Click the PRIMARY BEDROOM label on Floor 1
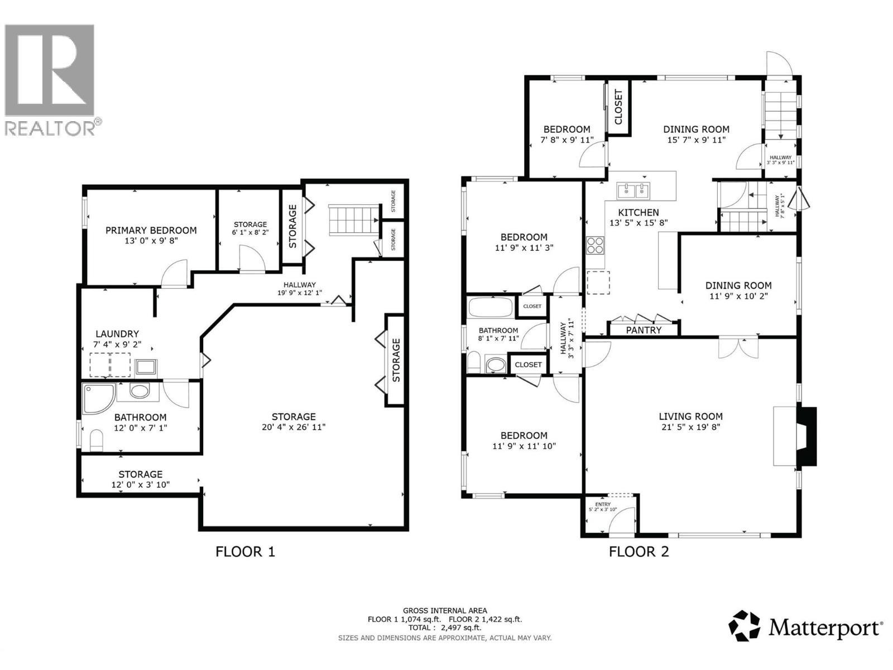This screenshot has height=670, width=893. coord(151,230)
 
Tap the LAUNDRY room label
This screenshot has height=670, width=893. coord(117,334)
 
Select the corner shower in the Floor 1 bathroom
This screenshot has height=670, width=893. coord(98,398)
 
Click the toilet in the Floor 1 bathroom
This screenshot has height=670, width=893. coord(97,441)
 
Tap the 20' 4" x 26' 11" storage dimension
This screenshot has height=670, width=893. coord(294,427)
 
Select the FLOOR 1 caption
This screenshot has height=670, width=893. coord(245,552)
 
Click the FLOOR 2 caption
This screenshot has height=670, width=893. coord(638,552)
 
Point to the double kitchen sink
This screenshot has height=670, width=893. coord(633,191)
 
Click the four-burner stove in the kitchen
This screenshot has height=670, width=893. coord(595,245)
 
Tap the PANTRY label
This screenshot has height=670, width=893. coord(644,330)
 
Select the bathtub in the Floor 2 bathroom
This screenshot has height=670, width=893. coord(490,307)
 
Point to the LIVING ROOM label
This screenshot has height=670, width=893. coord(691,417)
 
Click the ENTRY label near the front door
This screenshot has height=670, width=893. coord(603,504)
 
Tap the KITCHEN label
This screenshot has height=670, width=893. coord(638,212)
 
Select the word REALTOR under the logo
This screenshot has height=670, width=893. coord(50,128)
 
